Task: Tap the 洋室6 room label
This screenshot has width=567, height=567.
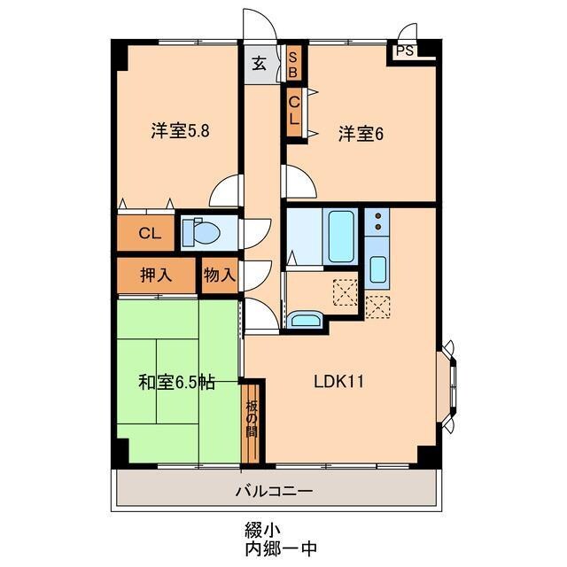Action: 359,134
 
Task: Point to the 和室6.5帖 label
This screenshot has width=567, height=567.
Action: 175,383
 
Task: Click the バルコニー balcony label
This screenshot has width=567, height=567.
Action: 273,490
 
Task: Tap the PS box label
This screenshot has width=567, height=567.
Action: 405,51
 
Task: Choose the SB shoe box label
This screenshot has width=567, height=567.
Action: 294,65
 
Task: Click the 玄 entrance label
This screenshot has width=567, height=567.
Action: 259,64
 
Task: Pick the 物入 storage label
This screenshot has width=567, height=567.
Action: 219,275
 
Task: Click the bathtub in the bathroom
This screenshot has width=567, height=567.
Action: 341,236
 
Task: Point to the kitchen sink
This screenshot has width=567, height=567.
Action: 377,268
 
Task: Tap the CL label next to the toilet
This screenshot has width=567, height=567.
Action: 149,234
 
